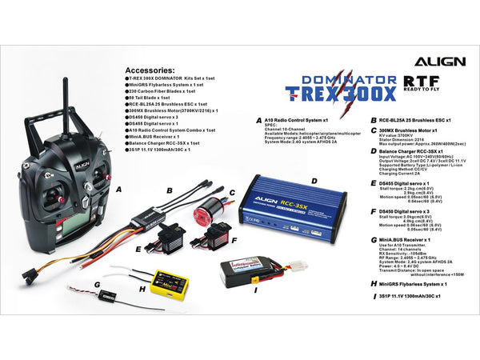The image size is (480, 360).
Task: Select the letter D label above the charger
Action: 314,182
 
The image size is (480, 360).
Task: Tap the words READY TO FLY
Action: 429,91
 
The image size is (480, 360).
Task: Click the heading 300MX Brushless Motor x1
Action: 414,130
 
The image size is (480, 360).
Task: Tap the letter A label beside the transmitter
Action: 118,190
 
